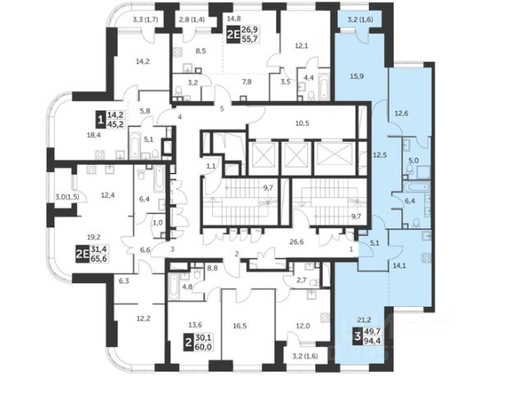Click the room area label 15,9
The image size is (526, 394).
click(x=357, y=76)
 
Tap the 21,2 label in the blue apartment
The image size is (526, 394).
click(x=364, y=319)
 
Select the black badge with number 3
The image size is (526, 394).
click(x=358, y=337)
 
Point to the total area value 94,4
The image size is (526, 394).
click(x=375, y=341)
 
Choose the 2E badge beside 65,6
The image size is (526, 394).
click(x=82, y=254)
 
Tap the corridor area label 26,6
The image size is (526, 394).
click(x=297, y=241)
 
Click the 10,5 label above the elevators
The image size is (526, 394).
click(x=302, y=123)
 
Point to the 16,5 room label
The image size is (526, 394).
click(x=240, y=326)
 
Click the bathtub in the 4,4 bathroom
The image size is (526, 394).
click(x=324, y=85)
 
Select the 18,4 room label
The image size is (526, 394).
click(x=94, y=135)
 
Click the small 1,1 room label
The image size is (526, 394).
click(x=210, y=166)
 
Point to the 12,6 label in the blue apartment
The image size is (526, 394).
click(x=401, y=113)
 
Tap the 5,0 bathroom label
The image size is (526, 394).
click(x=414, y=161)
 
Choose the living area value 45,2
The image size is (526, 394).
click(x=115, y=125)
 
